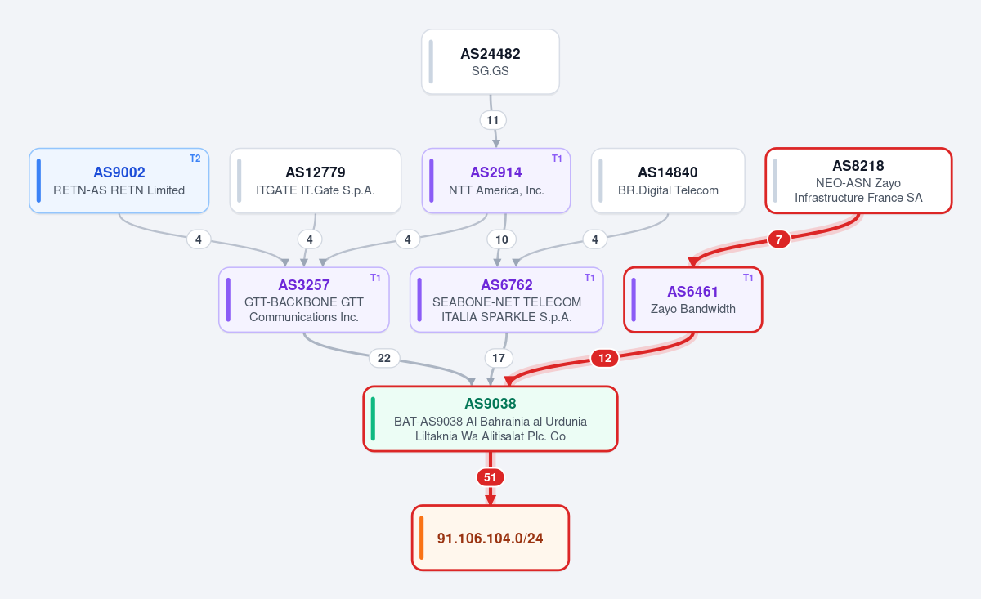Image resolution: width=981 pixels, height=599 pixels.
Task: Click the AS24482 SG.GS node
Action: click(x=490, y=62)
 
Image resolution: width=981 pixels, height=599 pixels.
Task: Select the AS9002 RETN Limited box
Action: click(x=119, y=181)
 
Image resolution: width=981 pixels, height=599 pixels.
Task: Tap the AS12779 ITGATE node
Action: click(x=316, y=181)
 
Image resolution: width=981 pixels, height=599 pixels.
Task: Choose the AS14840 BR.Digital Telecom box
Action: click(x=668, y=181)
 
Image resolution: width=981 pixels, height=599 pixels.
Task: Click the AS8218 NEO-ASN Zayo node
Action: click(x=858, y=181)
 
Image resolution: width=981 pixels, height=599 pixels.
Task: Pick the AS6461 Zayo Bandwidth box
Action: click(x=693, y=300)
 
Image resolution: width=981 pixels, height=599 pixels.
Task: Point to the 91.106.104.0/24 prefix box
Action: click(x=490, y=539)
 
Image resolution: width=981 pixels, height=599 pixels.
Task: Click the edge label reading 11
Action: click(x=493, y=120)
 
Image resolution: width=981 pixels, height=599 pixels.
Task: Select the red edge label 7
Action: click(x=778, y=239)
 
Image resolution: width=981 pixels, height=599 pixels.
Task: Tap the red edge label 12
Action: click(x=605, y=358)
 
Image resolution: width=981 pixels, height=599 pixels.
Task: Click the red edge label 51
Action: click(x=490, y=477)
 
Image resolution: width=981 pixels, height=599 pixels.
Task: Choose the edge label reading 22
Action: click(x=384, y=358)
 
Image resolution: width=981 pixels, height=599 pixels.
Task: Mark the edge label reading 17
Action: click(x=499, y=358)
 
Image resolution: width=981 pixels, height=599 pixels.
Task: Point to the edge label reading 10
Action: click(x=501, y=239)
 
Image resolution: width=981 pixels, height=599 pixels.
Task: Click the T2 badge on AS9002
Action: click(x=195, y=159)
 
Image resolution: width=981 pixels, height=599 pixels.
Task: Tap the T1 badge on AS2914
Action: click(x=557, y=159)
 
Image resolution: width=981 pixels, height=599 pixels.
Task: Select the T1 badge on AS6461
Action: click(x=748, y=278)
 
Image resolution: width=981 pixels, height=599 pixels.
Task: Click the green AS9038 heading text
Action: click(x=490, y=403)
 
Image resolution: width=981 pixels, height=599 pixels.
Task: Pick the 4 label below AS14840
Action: click(x=595, y=239)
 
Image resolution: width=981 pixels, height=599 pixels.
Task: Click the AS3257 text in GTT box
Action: click(x=304, y=285)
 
